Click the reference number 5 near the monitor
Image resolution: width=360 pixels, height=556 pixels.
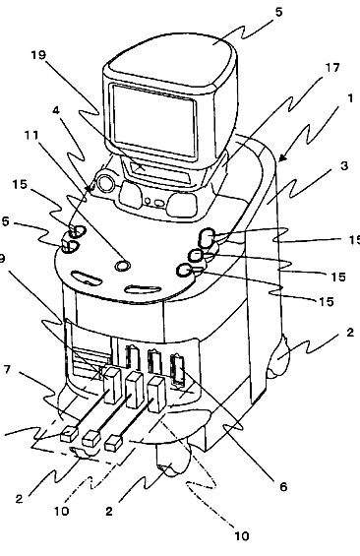point(279,12)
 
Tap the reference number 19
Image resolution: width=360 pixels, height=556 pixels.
point(38,55)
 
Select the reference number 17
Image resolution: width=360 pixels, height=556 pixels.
point(332,67)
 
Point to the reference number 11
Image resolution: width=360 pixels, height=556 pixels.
point(31,135)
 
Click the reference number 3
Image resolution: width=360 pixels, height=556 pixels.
point(344,165)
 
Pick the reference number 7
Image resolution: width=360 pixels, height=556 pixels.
point(7,370)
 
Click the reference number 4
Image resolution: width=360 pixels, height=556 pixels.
point(56,110)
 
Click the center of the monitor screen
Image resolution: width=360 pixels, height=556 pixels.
point(154,120)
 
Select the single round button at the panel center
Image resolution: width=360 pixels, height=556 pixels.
point(123,265)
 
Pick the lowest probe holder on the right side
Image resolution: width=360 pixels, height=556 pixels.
point(185,271)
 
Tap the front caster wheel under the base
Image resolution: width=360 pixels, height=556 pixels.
point(173,460)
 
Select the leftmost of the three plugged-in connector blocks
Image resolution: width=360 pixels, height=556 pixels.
point(113,386)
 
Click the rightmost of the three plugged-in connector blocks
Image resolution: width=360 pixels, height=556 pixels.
point(156,395)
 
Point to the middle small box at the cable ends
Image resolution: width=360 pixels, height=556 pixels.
point(91,438)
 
